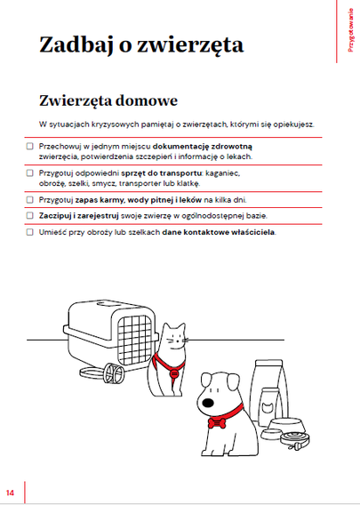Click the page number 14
click(x=10, y=493)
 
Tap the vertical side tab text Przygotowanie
click(x=350, y=30)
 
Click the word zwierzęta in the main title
click(x=190, y=44)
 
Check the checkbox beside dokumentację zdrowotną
click(x=29, y=146)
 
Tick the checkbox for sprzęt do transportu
click(x=29, y=173)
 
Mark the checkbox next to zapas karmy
click(x=29, y=200)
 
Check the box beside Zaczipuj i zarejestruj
click(x=29, y=215)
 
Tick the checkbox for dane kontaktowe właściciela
click(x=29, y=232)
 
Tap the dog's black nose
click(x=209, y=403)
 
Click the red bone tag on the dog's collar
click(x=217, y=423)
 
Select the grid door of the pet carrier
click(x=134, y=340)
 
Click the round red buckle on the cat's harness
click(x=174, y=374)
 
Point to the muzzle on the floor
click(x=114, y=373)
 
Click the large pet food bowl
click(x=287, y=427)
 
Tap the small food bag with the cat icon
click(x=270, y=405)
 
